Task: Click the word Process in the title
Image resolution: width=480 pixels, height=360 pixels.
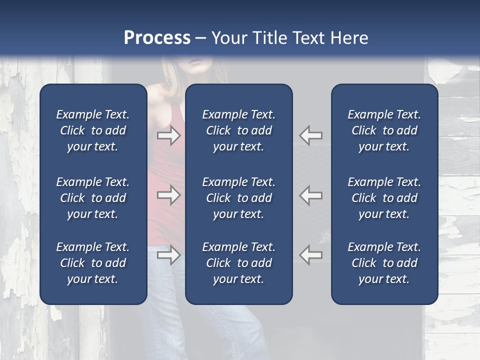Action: point(157,38)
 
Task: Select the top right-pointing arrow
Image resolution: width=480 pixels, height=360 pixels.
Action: point(169,135)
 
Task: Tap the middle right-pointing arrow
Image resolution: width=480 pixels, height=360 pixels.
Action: point(169,195)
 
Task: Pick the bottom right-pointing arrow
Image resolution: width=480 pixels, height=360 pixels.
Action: point(169,255)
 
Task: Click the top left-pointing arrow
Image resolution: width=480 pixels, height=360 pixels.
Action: point(311,135)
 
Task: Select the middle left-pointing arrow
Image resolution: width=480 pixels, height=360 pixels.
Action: point(311,195)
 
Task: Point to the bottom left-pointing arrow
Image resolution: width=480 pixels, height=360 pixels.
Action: point(311,255)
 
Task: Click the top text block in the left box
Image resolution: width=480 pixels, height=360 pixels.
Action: point(93,130)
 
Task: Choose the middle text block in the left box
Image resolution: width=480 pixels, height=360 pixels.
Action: point(93,198)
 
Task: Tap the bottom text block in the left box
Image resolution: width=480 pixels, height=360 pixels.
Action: point(93,263)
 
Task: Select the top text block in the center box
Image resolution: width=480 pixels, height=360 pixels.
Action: point(238,130)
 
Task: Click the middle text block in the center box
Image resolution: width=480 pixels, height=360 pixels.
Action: point(238,198)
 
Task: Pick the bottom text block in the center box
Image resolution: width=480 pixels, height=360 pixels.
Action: point(238,263)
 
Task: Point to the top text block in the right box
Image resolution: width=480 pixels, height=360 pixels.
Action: point(384,130)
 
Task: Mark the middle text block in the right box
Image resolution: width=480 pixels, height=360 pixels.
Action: point(384,198)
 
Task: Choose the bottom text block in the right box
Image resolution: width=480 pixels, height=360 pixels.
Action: point(384,263)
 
